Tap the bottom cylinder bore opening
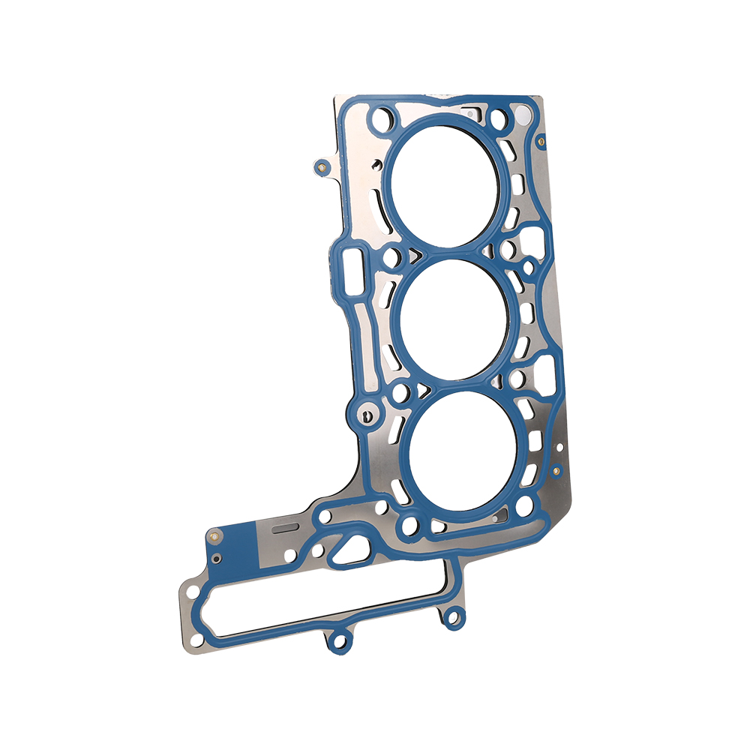pyautogui.click(x=466, y=453)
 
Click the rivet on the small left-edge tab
pyautogui.click(x=322, y=166)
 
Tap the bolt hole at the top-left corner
pyautogui.click(x=385, y=117)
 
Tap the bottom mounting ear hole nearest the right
pyautogui.click(x=452, y=618)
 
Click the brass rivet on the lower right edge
pyautogui.click(x=556, y=471)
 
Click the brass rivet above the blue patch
pyautogui.click(x=214, y=535)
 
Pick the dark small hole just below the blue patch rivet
pyautogui.click(x=216, y=559)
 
